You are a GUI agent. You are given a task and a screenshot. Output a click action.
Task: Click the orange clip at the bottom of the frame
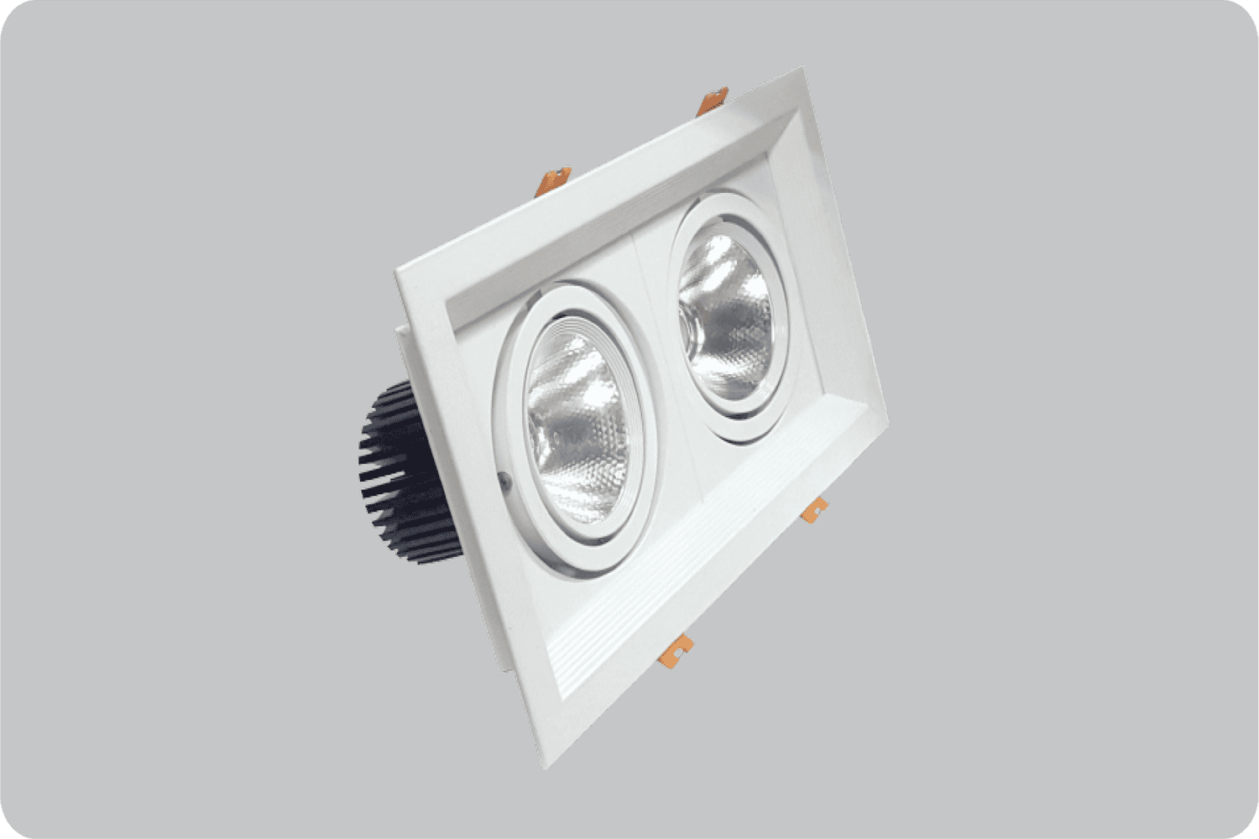(x=681, y=648)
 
